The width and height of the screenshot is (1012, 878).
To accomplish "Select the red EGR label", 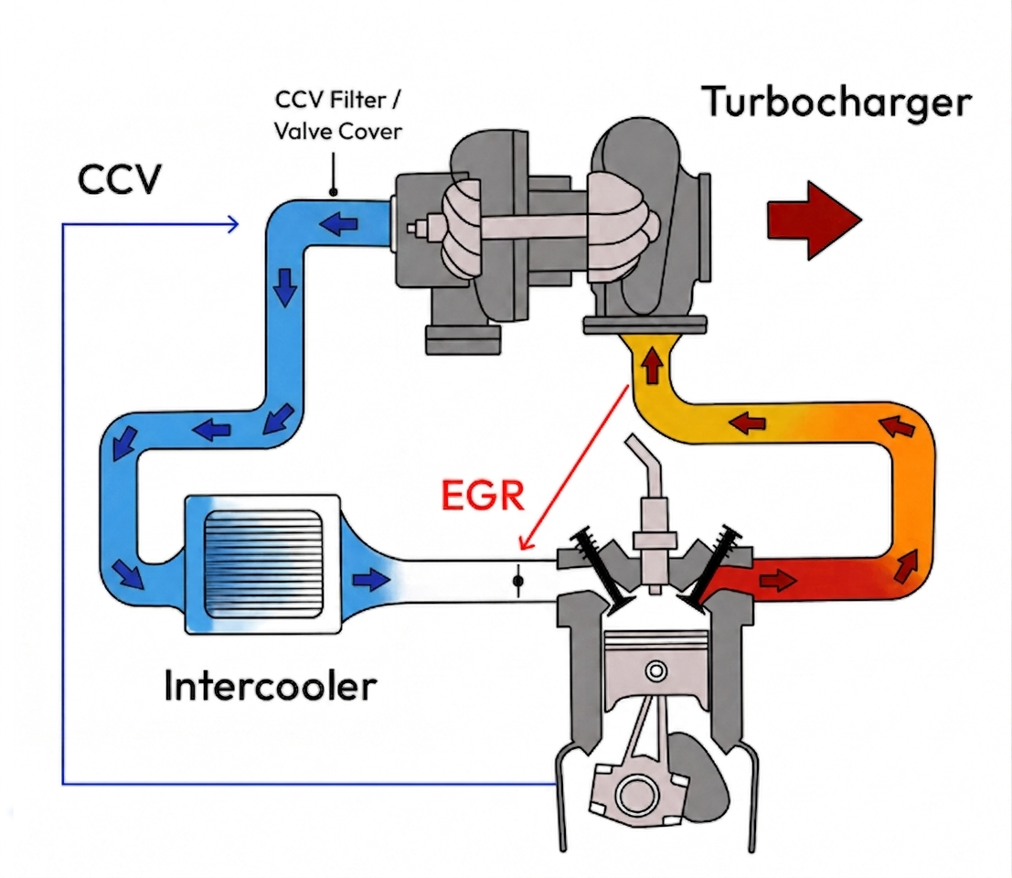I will pos(483,495).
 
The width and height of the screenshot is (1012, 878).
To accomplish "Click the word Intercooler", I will pos(270,685).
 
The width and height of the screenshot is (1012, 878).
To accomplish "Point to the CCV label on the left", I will pos(119,180).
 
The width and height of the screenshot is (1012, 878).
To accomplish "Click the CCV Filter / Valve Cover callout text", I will pos(338,115).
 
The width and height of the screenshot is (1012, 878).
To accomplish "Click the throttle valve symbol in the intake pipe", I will pos(518,580).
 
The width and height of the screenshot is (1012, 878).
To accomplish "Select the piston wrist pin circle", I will pos(655,670).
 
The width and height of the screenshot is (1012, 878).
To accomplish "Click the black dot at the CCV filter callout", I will pos(334,192).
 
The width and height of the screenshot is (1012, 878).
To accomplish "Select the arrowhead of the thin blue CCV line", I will pos(233,222).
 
